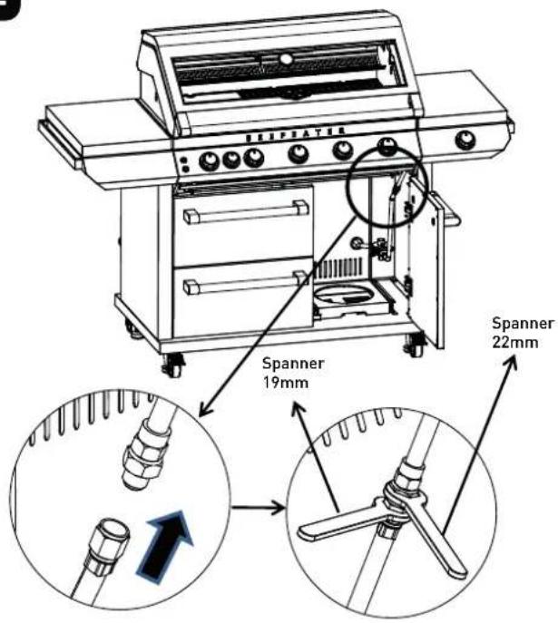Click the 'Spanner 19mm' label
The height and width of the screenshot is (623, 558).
(293, 373)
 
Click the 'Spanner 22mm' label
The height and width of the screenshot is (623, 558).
(523, 333)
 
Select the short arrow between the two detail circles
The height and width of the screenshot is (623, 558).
(259, 508)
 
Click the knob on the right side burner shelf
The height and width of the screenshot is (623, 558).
(465, 140)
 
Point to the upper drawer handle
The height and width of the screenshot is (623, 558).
(246, 211)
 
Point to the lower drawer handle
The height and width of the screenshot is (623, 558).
(246, 281)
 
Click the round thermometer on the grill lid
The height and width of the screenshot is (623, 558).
(286, 59)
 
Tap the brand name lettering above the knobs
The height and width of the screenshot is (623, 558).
(295, 134)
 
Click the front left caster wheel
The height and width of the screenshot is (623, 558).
(173, 366)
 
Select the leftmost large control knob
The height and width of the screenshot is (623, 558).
(209, 161)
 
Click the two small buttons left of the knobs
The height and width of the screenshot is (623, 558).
(183, 165)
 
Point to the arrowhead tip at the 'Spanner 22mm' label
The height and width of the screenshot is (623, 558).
(514, 356)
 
